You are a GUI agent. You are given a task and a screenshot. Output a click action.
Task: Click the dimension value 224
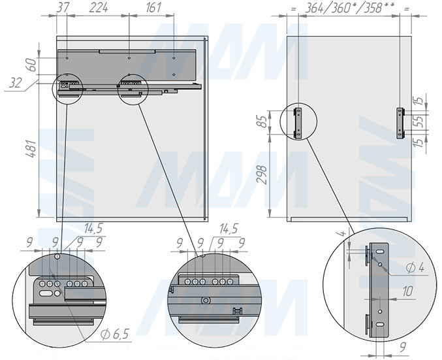99,8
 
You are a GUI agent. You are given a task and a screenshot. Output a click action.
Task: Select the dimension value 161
153,8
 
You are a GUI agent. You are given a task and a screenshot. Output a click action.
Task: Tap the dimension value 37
63,8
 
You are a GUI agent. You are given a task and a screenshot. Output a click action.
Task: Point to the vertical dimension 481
31,148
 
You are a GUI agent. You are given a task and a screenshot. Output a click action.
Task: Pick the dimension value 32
15,83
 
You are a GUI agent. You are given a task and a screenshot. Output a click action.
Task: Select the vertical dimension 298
262,175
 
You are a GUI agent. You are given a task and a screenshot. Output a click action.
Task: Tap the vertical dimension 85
262,122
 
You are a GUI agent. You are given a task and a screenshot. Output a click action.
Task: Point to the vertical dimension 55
419,122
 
